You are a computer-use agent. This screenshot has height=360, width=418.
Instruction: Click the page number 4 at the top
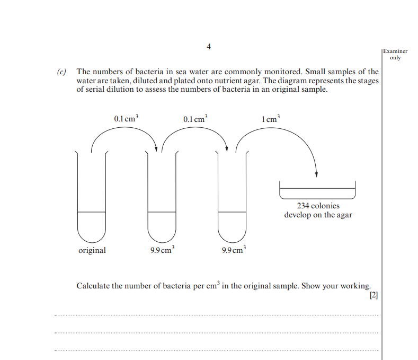click(209, 47)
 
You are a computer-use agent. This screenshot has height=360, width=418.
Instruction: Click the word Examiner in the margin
click(395, 51)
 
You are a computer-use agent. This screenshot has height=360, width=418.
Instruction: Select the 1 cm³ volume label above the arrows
click(270, 119)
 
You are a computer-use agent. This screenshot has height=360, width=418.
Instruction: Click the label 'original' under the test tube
click(92, 250)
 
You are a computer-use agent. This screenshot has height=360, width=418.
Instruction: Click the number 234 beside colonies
click(303, 206)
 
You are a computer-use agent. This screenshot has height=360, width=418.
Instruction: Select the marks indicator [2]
click(373, 296)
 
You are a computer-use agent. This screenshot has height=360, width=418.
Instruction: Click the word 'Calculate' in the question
click(93, 286)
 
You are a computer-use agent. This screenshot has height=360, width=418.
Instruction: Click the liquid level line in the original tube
click(92, 212)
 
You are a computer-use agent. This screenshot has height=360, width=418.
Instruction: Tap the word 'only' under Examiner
click(395, 58)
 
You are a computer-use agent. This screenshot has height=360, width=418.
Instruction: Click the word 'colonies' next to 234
click(325, 206)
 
